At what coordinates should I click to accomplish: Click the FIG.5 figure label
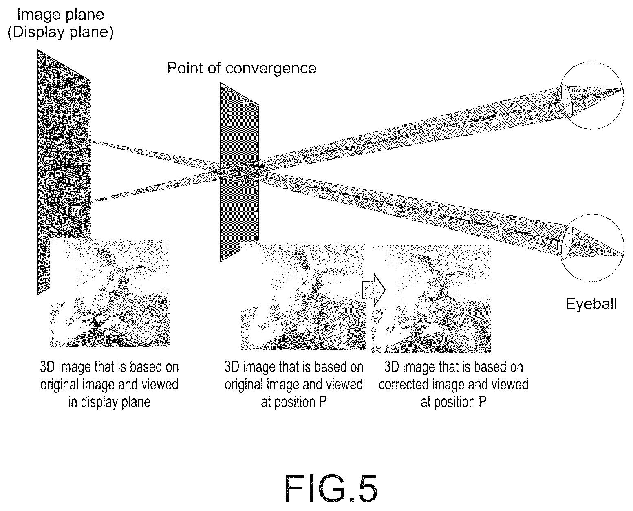331,489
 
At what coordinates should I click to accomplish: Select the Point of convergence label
241,68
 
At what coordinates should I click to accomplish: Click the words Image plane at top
60,14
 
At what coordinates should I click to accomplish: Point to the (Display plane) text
60,32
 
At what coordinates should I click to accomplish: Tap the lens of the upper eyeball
567,100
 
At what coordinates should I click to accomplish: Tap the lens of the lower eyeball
567,243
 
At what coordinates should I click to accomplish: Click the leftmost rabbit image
110,292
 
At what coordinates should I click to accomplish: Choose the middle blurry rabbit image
303,296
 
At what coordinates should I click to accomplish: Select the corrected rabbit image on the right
431,299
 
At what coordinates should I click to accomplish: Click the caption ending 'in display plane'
109,385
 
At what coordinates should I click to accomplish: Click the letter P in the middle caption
323,402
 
